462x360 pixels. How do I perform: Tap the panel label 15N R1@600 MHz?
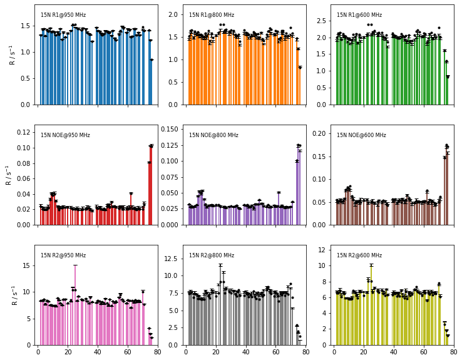[359, 15]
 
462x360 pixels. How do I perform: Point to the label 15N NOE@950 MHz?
[65, 135]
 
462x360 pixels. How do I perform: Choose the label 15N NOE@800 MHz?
[213, 135]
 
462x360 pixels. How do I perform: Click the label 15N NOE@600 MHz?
[361, 135]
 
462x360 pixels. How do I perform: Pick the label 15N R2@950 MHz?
[63, 255]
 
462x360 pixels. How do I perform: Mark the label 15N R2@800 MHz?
[212, 255]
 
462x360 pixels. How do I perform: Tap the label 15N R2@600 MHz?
[359, 255]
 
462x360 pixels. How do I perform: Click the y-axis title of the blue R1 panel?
[13, 54]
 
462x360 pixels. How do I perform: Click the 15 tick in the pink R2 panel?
[27, 265]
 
